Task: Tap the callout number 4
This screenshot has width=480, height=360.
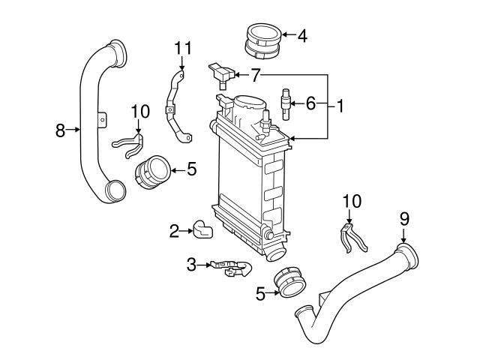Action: pyautogui.click(x=301, y=34)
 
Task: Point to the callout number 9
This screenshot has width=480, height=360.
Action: pyautogui.click(x=404, y=219)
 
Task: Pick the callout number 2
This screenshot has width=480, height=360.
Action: pyautogui.click(x=174, y=231)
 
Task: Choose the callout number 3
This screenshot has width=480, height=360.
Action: pyautogui.click(x=191, y=264)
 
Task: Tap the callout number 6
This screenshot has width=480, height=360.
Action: pyautogui.click(x=310, y=104)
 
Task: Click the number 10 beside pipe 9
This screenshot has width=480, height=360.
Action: pyautogui.click(x=351, y=201)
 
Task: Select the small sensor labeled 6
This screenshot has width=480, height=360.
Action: pyautogui.click(x=286, y=102)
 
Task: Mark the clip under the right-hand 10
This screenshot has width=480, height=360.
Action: pyautogui.click(x=349, y=238)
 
